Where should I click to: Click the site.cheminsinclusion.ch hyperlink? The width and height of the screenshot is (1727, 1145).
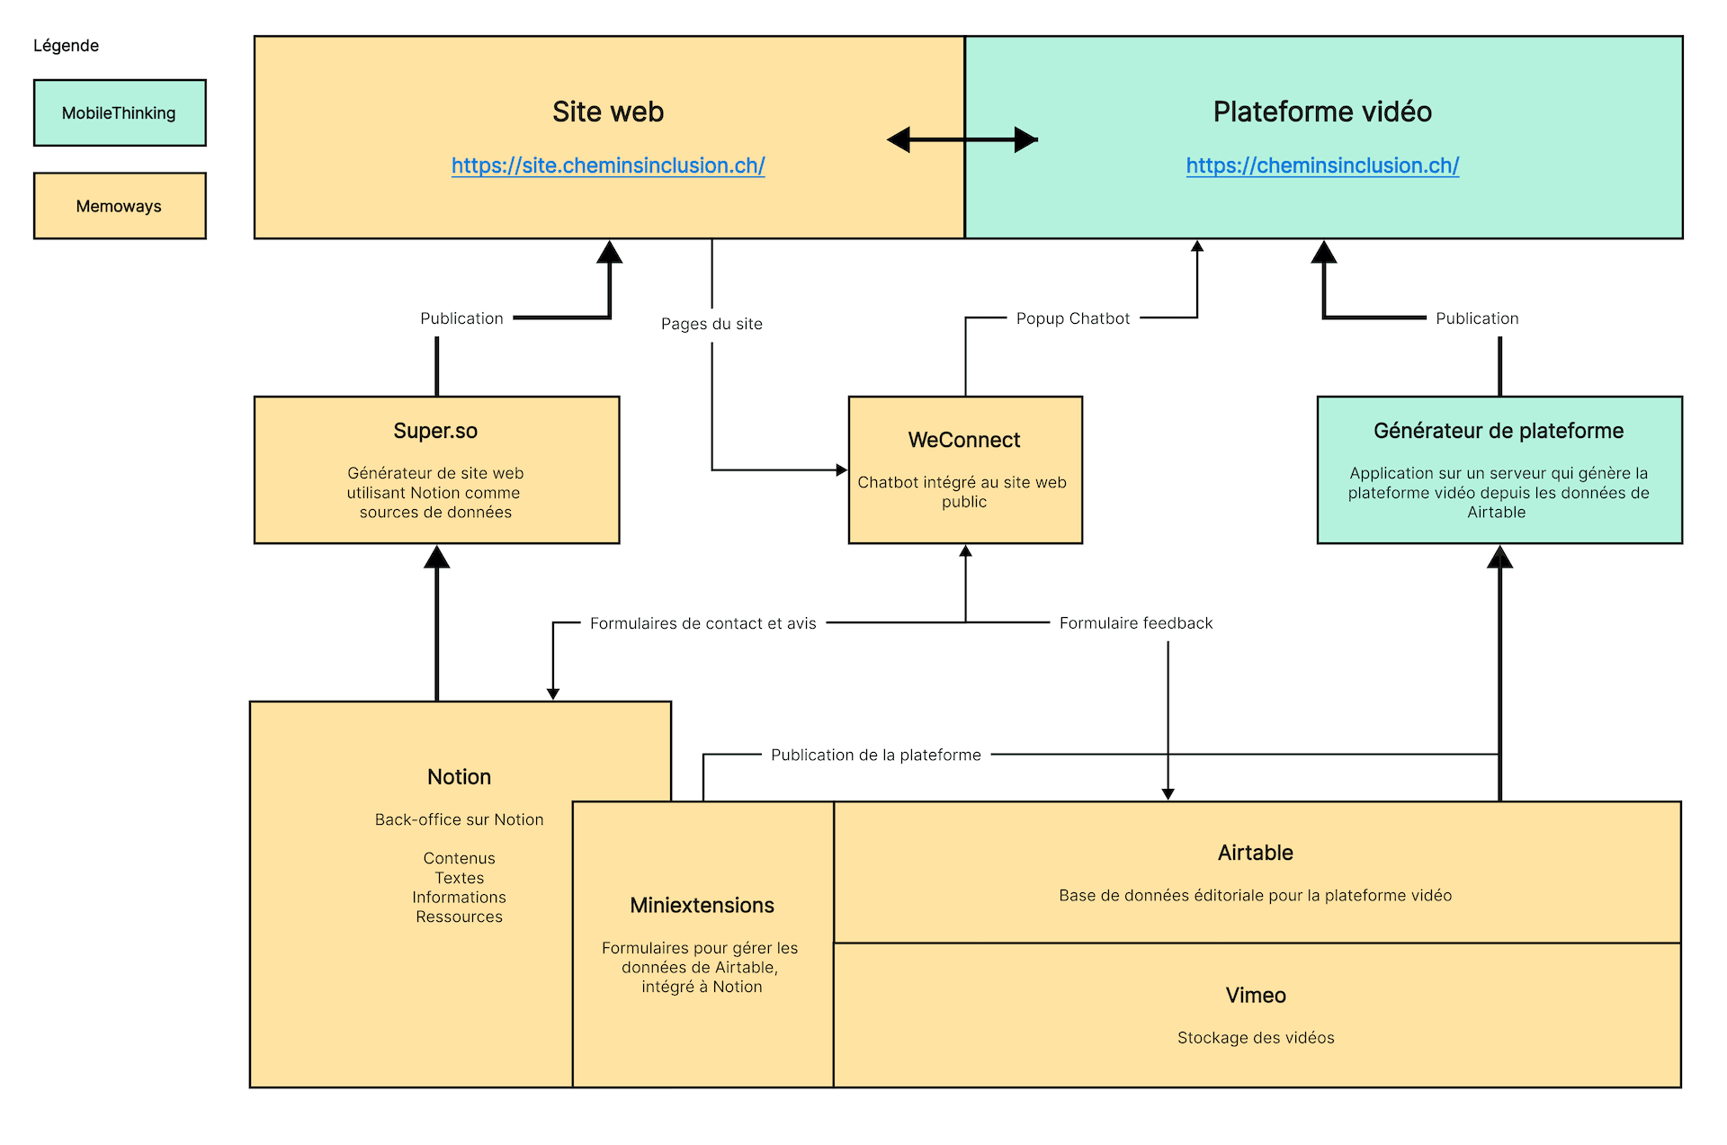[608, 165]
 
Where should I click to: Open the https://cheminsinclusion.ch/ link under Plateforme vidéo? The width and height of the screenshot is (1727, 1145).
[1322, 165]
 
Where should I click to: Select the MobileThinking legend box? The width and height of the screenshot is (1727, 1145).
[120, 112]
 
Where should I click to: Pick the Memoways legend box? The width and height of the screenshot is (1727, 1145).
[120, 206]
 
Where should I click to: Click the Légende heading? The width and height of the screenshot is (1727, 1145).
[66, 46]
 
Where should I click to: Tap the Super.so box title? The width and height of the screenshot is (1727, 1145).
[435, 431]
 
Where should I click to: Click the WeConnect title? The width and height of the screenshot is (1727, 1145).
[964, 440]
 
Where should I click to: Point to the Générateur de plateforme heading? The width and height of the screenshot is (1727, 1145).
[1499, 431]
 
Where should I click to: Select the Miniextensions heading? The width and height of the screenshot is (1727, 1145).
[702, 905]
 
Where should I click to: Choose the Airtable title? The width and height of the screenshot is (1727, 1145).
[1256, 853]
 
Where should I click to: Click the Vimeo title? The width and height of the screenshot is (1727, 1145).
[1256, 996]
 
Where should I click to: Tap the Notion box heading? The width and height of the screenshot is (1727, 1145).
[459, 777]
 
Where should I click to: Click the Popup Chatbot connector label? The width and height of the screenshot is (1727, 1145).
[1073, 318]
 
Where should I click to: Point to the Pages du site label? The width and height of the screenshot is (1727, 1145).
[711, 324]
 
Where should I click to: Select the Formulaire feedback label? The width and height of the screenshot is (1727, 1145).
[1136, 623]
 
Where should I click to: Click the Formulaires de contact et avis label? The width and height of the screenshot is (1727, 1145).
[703, 623]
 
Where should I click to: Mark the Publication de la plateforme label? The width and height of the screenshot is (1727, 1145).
[876, 756]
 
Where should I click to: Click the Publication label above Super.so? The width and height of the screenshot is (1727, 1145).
[461, 318]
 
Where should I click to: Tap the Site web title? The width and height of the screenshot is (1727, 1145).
[608, 112]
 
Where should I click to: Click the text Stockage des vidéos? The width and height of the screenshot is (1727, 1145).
[1256, 1038]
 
